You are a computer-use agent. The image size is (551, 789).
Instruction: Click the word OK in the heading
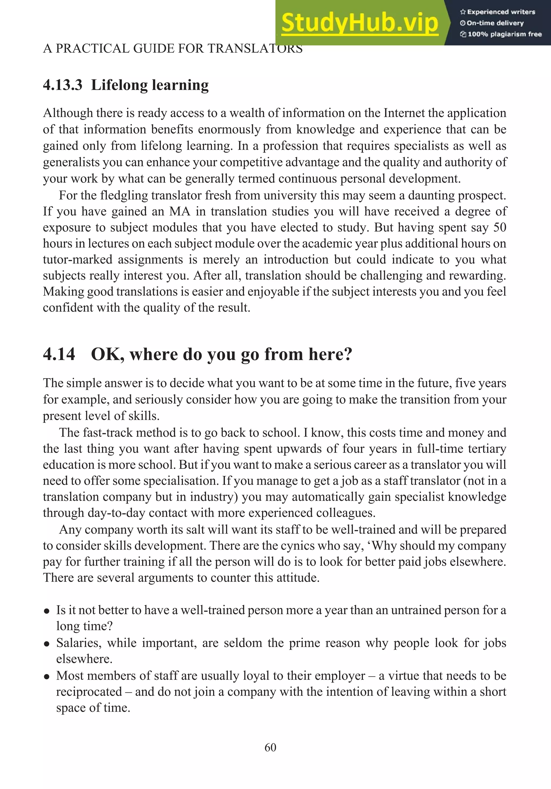107,354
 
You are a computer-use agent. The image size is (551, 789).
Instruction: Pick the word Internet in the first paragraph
404,113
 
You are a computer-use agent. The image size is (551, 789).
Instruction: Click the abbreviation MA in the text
179,211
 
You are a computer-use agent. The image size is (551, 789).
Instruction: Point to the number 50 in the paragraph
499,227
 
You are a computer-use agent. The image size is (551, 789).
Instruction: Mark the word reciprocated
89,691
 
